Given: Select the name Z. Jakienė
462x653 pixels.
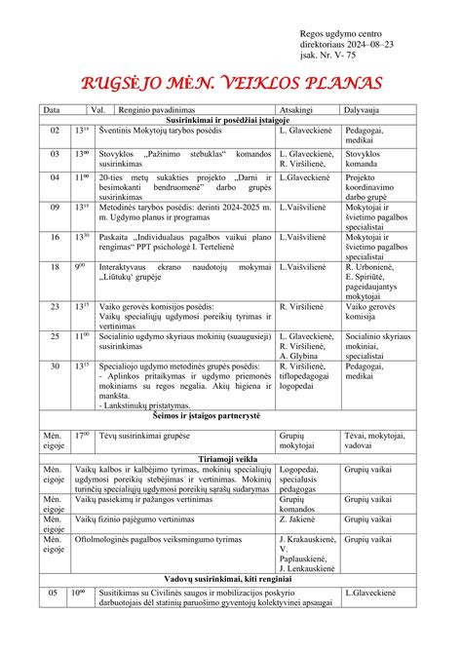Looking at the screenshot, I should pos(301,520).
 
